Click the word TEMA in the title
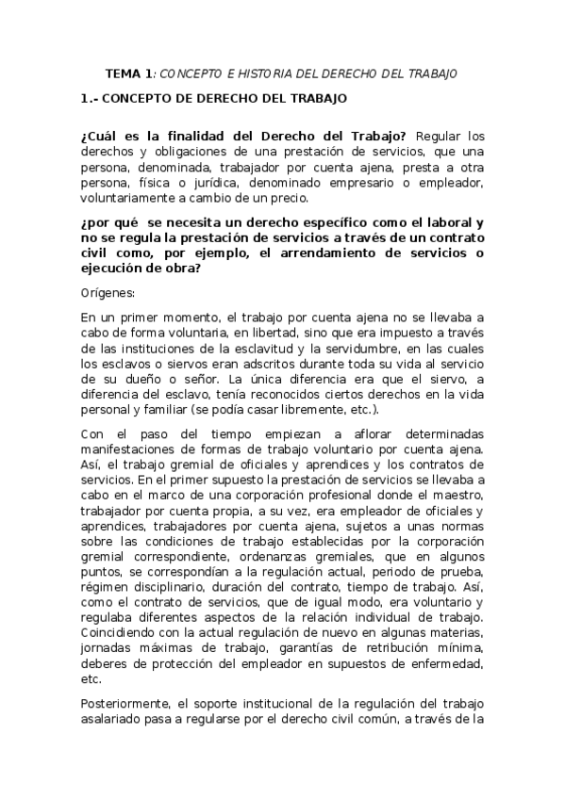123,73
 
